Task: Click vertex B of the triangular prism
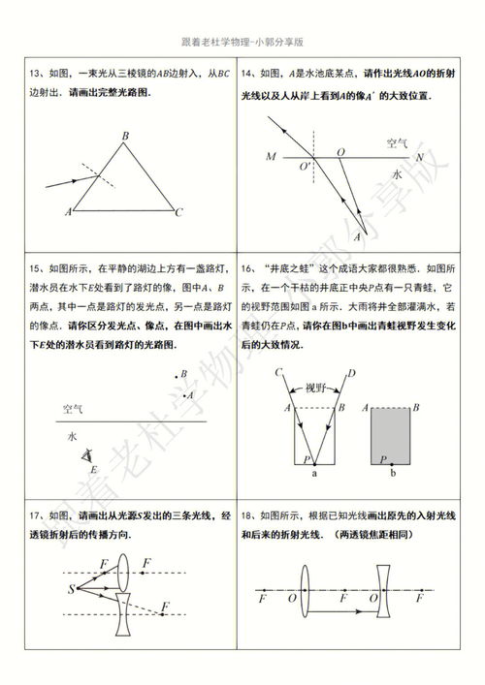[126, 137]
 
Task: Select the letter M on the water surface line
[271, 155]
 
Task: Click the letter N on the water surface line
[419, 156]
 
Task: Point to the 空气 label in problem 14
[398, 142]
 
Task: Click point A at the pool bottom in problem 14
[359, 236]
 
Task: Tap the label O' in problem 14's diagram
[305, 167]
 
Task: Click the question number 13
[35, 72]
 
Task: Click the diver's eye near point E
[88, 453]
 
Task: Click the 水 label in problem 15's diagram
[72, 436]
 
